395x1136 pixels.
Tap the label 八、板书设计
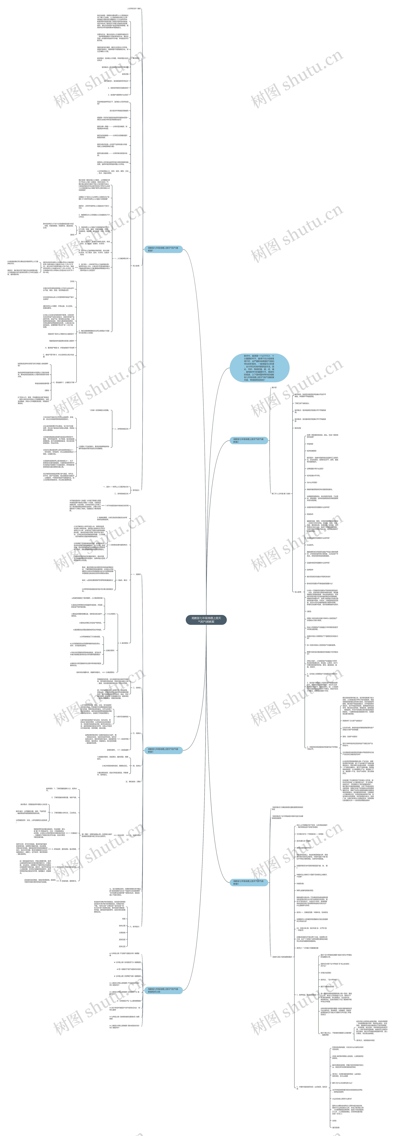(x=134, y=927)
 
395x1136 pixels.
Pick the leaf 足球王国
(x=122, y=939)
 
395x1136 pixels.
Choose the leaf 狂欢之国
(x=122, y=946)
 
